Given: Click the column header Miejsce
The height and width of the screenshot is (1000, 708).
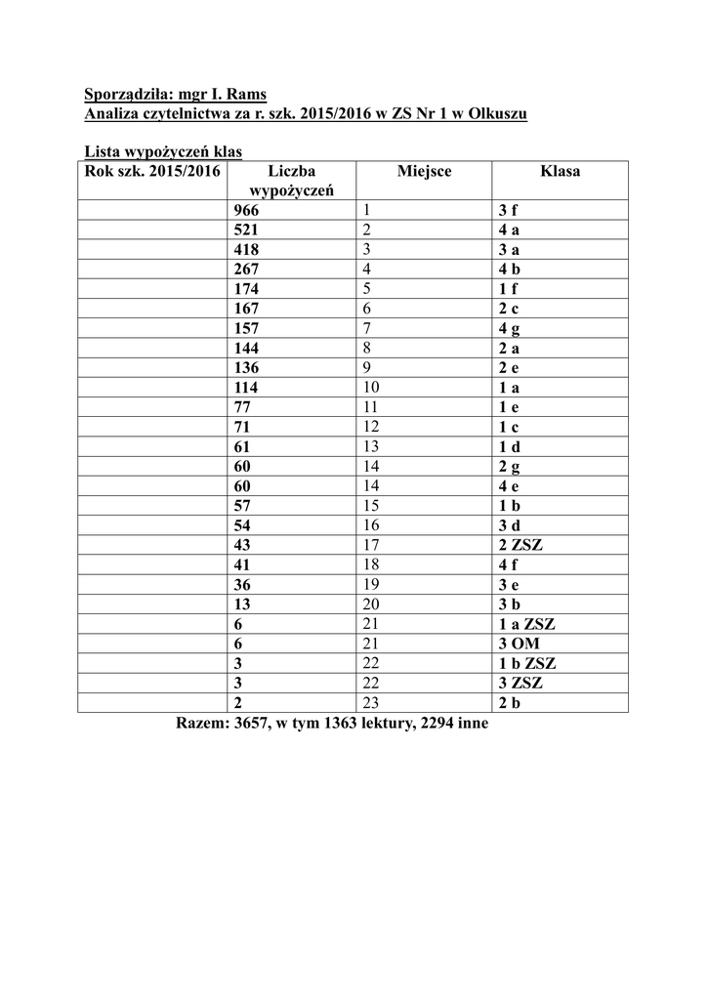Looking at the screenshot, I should [425, 171].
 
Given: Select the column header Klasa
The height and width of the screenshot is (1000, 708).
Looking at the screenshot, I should [560, 171].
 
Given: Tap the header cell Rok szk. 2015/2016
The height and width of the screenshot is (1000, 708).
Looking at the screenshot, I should [153, 171].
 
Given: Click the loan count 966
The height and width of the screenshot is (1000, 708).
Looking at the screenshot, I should [247, 210].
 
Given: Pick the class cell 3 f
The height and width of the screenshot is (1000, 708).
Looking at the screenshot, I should [508, 210].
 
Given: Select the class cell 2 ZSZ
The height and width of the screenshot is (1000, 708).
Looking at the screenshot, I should [520, 545].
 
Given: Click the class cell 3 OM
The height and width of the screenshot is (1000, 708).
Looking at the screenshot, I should [519, 644].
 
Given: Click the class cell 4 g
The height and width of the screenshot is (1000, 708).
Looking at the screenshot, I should [509, 328].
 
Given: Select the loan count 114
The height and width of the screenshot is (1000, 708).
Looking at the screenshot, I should [246, 387].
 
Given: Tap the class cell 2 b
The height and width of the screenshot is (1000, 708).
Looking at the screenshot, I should [509, 703].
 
